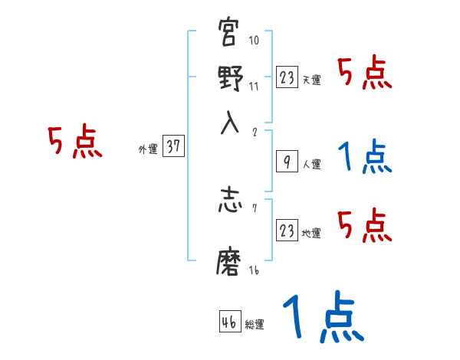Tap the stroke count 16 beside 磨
pyautogui.click(x=254, y=270)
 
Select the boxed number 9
pyautogui.click(x=286, y=162)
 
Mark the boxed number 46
pyautogui.click(x=229, y=322)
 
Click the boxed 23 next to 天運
pyautogui.click(x=287, y=77)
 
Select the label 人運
pyautogui.click(x=311, y=164)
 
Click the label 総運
pyautogui.click(x=255, y=325)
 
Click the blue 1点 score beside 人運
pyautogui.click(x=364, y=158)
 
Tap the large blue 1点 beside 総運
pyautogui.click(x=322, y=318)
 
